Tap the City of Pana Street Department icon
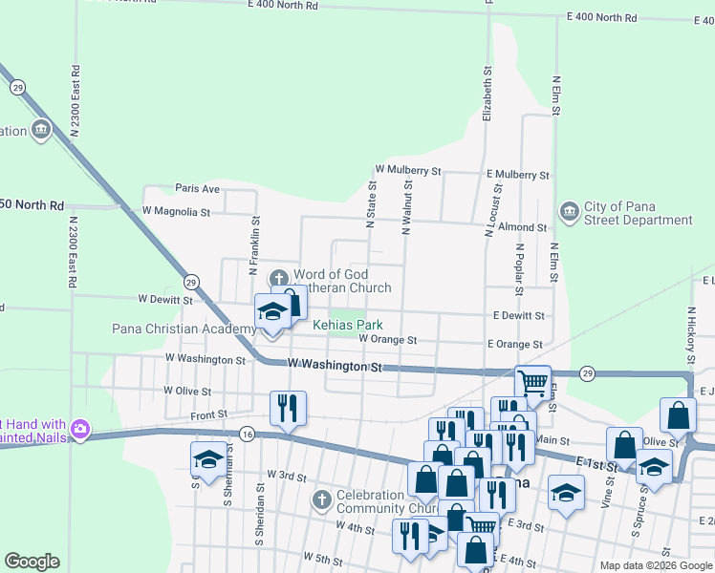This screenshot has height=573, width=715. (x=569, y=210)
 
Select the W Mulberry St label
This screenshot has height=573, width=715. (x=407, y=170)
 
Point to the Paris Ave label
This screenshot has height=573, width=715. (x=197, y=189)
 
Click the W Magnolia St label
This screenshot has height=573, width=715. (x=175, y=210)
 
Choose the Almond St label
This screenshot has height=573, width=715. (x=522, y=228)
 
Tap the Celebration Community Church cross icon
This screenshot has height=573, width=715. (x=322, y=499)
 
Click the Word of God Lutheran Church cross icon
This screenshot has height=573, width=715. (x=280, y=279)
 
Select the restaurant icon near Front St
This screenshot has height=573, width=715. (x=288, y=408)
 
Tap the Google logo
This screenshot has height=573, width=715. (x=32, y=562)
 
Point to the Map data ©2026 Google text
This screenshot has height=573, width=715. (x=655, y=565)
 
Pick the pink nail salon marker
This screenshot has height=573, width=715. (x=79, y=430)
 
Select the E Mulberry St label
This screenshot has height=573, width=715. (x=517, y=176)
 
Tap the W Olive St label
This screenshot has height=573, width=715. (x=186, y=391)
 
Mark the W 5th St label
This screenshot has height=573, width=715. (x=323, y=556)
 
